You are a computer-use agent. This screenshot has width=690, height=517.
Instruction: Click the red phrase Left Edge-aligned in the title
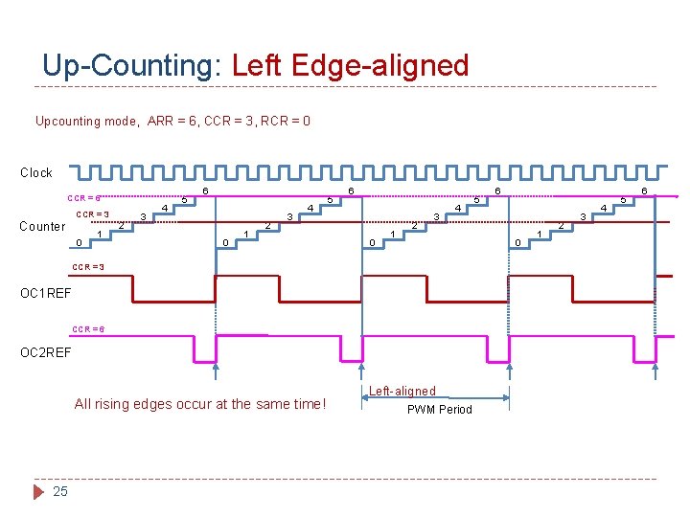[x=351, y=66]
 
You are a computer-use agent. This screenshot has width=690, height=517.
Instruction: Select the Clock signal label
[x=36, y=172]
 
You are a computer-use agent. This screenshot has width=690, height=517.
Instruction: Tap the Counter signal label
[x=43, y=227]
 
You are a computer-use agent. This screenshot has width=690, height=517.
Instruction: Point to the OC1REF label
[x=46, y=292]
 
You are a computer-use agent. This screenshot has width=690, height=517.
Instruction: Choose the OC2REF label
[x=46, y=353]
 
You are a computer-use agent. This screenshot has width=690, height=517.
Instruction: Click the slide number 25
[x=60, y=491]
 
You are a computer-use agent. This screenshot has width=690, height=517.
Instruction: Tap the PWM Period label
[x=440, y=410]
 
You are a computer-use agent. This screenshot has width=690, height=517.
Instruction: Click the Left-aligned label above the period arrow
[x=402, y=391]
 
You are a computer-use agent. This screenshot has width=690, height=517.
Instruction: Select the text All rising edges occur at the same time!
[x=200, y=404]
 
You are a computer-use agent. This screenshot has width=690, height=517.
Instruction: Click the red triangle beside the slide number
[x=38, y=491]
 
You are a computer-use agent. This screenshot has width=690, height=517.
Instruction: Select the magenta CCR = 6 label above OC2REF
[x=89, y=329]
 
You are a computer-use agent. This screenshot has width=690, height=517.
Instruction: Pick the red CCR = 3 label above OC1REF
[x=89, y=266]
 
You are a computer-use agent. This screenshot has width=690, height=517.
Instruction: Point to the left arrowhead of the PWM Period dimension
[x=366, y=399]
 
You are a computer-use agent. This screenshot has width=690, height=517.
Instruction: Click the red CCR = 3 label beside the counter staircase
[x=93, y=214]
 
